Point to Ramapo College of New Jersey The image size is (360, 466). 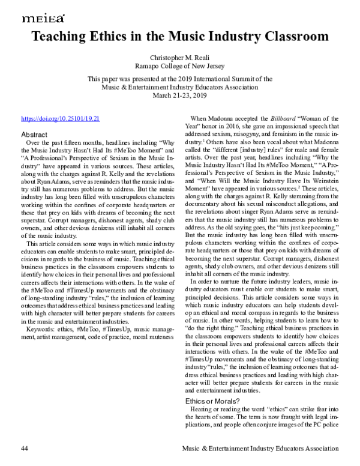180,65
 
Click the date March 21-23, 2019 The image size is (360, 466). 180,95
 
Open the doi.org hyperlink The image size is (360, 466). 61,119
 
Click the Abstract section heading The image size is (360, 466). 35,135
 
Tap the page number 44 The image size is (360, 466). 25,449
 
